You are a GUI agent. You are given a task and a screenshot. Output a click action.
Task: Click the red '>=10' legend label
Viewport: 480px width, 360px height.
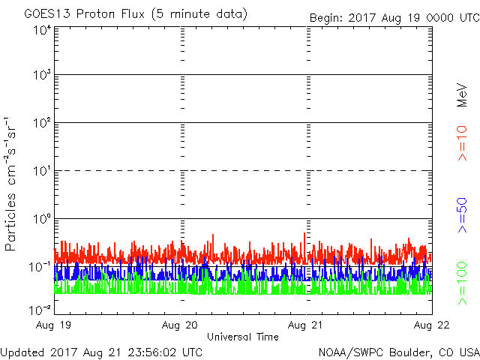pyautogui.click(x=463, y=142)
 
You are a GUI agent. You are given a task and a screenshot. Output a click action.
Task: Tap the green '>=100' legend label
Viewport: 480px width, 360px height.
pyautogui.click(x=463, y=283)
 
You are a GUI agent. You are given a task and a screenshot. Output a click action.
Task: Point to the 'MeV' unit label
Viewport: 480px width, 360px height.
pyautogui.click(x=463, y=94)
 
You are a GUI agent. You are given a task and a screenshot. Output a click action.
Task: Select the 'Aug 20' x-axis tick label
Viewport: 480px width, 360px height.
pyautogui.click(x=181, y=325)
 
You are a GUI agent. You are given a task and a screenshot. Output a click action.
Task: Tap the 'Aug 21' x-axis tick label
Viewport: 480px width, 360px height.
pyautogui.click(x=305, y=325)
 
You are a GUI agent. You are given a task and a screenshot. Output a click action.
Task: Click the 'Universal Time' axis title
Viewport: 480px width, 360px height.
pyautogui.click(x=243, y=337)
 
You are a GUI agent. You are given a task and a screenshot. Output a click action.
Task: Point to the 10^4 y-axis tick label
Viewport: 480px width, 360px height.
pyautogui.click(x=40, y=29)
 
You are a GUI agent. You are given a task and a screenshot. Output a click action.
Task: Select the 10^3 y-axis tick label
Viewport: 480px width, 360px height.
pyautogui.click(x=40, y=75)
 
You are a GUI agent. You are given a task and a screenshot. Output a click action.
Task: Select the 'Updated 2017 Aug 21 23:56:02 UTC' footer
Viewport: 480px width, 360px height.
pyautogui.click(x=101, y=351)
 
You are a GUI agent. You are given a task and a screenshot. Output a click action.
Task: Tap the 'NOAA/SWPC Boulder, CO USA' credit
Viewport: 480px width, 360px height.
pyautogui.click(x=397, y=351)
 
